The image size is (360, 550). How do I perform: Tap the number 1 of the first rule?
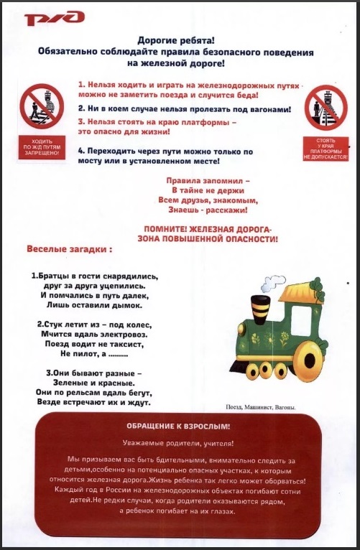81,84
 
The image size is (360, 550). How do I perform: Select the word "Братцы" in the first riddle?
57,276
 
